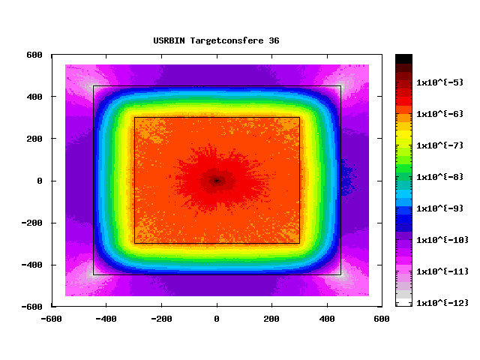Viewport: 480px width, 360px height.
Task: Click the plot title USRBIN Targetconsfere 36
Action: tap(216, 40)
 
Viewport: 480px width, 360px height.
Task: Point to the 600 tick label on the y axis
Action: tap(34, 55)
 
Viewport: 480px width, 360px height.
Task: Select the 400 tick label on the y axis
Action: tap(34, 97)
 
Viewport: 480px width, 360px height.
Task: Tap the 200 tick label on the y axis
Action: tap(34, 139)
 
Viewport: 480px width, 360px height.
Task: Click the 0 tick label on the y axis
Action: tap(40, 181)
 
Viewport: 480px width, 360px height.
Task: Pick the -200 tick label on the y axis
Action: tap(31, 223)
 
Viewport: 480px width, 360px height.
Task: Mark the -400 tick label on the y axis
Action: tap(31, 265)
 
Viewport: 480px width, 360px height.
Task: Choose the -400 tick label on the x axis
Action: tap(106, 319)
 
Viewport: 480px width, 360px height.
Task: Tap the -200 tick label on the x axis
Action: tap(161, 319)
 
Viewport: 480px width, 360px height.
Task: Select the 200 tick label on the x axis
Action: tap(272, 319)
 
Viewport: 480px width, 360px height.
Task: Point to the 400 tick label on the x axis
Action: tap(328, 319)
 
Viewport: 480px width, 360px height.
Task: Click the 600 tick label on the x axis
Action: tap(382, 319)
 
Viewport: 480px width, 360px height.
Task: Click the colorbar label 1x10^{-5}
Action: tap(440, 82)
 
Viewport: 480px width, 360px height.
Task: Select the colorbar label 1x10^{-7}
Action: tap(440, 145)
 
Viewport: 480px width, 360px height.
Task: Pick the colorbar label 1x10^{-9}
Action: tap(440, 208)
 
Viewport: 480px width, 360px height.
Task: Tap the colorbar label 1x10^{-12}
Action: tap(442, 302)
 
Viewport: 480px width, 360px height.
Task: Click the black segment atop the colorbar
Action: tap(403, 58)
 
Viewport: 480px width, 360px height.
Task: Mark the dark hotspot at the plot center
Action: tap(217, 181)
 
